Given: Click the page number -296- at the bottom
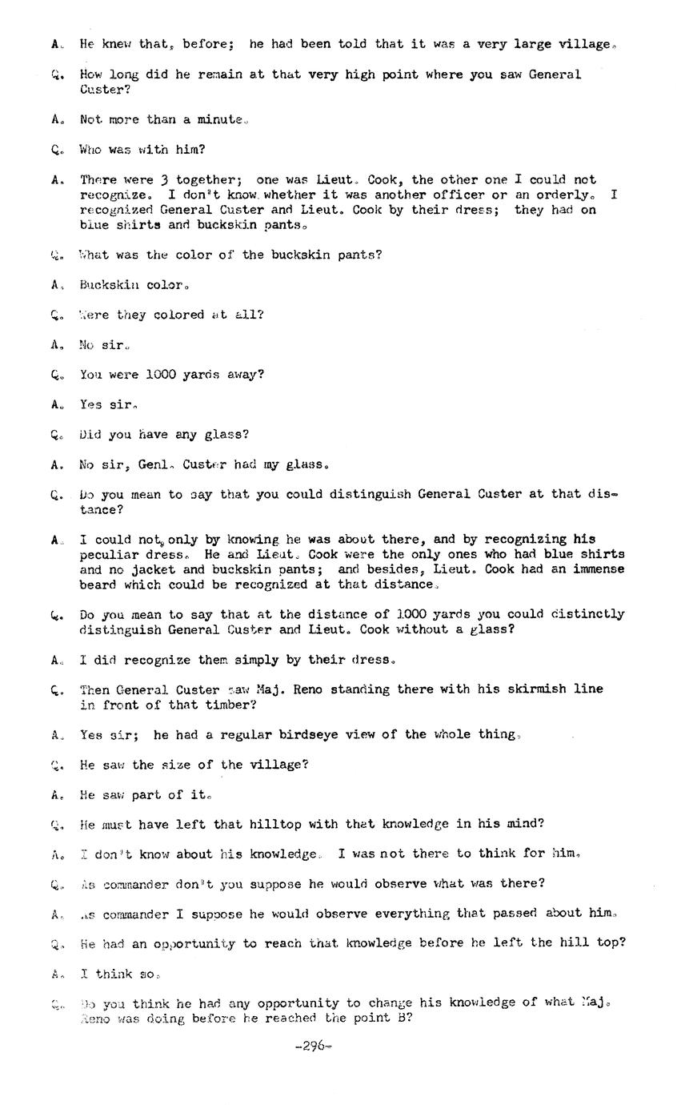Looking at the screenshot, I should [313, 1046].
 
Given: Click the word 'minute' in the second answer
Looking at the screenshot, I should [221, 119].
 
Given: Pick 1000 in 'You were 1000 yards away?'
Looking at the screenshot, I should [165, 375].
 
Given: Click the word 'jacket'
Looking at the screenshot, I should [160, 569].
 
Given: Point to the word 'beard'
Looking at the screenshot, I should [98, 585].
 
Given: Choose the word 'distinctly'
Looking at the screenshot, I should [588, 614].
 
